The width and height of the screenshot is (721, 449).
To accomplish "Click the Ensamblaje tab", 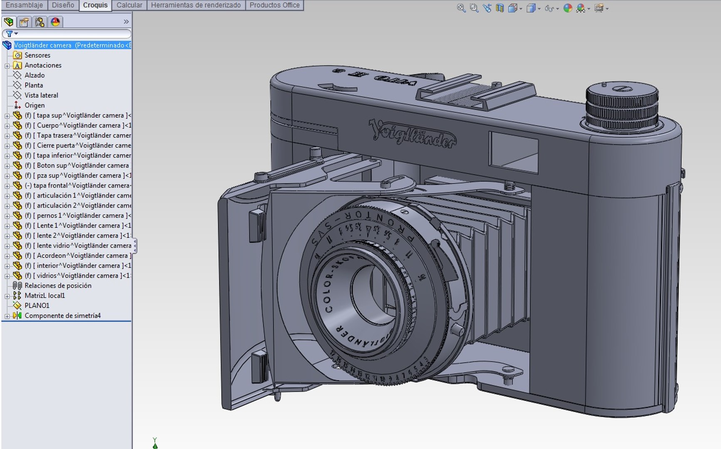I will (x=24, y=5).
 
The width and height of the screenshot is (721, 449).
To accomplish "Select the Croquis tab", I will (x=95, y=5).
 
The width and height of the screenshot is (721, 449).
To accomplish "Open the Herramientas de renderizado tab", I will (x=196, y=5).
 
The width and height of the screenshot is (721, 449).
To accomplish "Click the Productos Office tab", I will (x=274, y=5).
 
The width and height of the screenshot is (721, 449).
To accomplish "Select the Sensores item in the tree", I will (x=37, y=55).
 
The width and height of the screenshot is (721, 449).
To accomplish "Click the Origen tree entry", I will (x=34, y=106).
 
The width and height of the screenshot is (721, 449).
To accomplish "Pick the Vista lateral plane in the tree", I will (x=41, y=95).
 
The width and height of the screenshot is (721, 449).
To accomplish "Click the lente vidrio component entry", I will (x=83, y=246).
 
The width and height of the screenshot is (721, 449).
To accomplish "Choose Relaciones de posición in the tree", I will (x=57, y=286).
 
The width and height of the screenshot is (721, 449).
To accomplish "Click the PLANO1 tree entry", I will (x=37, y=306).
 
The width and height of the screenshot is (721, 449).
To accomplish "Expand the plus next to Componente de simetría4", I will (x=7, y=316).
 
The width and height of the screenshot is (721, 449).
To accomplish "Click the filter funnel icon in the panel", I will (x=9, y=34).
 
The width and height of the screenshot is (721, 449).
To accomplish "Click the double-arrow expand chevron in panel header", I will (x=126, y=22).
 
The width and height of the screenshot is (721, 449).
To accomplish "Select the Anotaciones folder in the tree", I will (x=42, y=65).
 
